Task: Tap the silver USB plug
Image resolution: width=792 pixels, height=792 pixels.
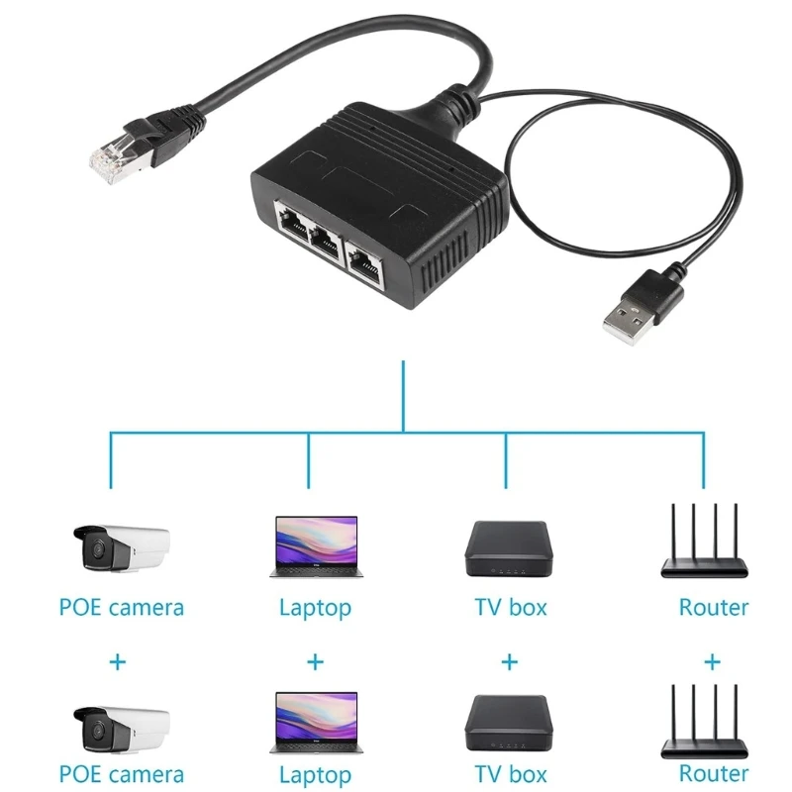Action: pos(627,314)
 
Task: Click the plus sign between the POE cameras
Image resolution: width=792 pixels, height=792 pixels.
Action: pos(118,661)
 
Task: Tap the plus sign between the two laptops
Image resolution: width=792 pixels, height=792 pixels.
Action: pos(314,661)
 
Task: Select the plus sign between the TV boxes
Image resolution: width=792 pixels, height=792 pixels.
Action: pos(509,661)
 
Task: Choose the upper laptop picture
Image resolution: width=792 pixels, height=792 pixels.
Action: pos(314,546)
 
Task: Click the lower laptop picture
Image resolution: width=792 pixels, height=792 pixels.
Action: pos(314,725)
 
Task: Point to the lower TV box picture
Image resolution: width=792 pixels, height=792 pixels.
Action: pos(507,725)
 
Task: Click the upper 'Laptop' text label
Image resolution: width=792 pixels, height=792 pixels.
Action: pos(315,608)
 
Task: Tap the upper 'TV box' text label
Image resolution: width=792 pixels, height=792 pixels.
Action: pos(511,607)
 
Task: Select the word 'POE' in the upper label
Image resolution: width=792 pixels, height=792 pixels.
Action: pos(80,607)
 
